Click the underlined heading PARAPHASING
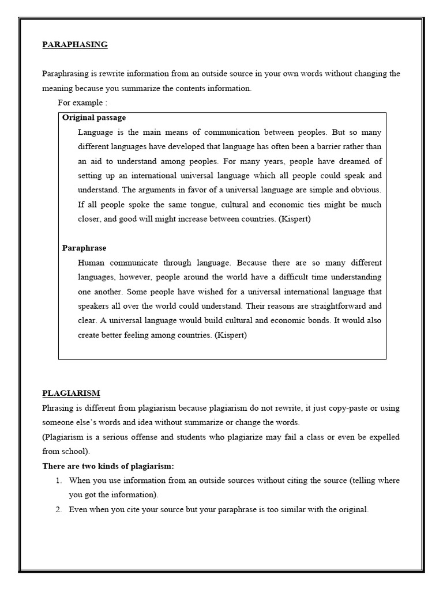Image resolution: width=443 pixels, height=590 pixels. point(75,44)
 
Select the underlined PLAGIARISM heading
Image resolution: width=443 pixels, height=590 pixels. point(71,393)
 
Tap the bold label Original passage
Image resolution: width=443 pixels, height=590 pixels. point(94,118)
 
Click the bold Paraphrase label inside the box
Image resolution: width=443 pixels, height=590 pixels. point(84,248)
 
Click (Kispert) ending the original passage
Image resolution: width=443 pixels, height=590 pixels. point(292,219)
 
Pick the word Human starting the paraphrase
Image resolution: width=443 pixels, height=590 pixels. point(91,262)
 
